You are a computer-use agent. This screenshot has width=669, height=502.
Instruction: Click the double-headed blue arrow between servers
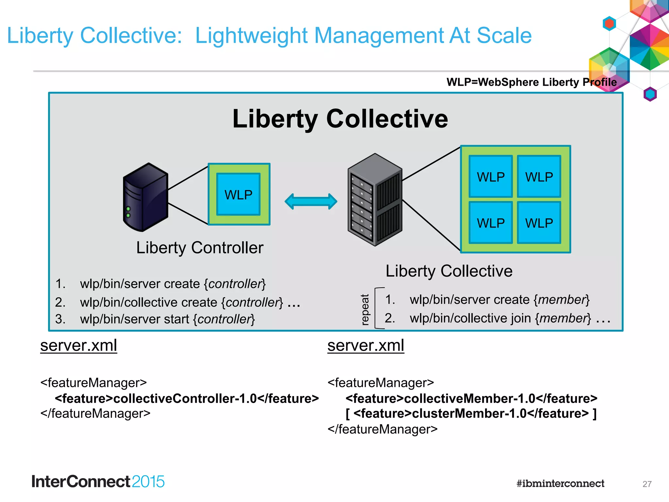click(311, 201)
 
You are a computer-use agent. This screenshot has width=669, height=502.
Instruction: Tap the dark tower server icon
click(145, 197)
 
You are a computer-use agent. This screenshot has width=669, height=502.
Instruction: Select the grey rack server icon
click(375, 200)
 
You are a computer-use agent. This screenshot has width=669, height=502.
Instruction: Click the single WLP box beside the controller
click(238, 194)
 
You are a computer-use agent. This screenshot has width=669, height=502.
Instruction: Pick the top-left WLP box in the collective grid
click(490, 176)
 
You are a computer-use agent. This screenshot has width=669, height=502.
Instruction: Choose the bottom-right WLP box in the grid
click(539, 223)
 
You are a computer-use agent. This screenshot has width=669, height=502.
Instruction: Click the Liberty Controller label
click(200, 247)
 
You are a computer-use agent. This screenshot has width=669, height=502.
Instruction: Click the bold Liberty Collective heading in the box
click(340, 119)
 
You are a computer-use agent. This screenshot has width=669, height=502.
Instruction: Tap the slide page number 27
click(647, 484)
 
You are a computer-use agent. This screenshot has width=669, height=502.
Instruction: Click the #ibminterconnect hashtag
click(560, 483)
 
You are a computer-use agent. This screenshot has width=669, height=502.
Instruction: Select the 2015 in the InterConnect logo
click(148, 482)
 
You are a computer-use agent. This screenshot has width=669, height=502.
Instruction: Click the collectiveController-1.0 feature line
click(187, 398)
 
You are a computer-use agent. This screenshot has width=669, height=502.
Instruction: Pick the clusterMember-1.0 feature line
click(471, 414)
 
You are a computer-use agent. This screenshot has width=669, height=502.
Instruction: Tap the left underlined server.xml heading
click(78, 345)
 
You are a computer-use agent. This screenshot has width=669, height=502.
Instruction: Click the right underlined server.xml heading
click(366, 345)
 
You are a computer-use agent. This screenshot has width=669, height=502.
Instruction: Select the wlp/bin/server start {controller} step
click(167, 319)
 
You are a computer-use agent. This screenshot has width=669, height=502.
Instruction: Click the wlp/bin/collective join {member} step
click(500, 318)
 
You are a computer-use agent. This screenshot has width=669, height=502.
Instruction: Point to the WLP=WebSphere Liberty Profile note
click(531, 82)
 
